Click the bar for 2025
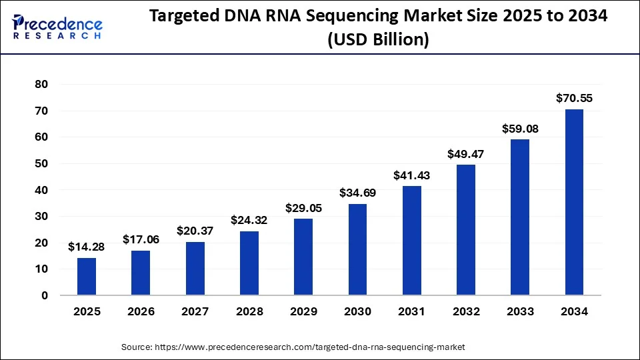pyautogui.click(x=87, y=277)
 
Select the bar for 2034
pyautogui.click(x=574, y=202)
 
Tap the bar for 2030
pyautogui.click(x=357, y=249)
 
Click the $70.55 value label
pyautogui.click(x=574, y=99)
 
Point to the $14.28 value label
pyautogui.click(x=87, y=247)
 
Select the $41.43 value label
pyautogui.click(x=411, y=176)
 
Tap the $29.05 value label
pyautogui.click(x=303, y=208)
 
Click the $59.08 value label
pyautogui.click(x=520, y=129)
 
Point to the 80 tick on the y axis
pyautogui.click(x=42, y=85)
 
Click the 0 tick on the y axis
pyautogui.click(x=45, y=295)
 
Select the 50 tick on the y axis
pyautogui.click(x=42, y=164)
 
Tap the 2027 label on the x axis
pyautogui.click(x=195, y=311)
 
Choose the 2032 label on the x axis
pyautogui.click(x=465, y=311)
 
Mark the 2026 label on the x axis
pyautogui.click(x=141, y=311)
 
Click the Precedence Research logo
pyautogui.click(x=57, y=27)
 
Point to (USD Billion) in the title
pyautogui.click(x=378, y=40)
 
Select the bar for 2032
pyautogui.click(x=465, y=230)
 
